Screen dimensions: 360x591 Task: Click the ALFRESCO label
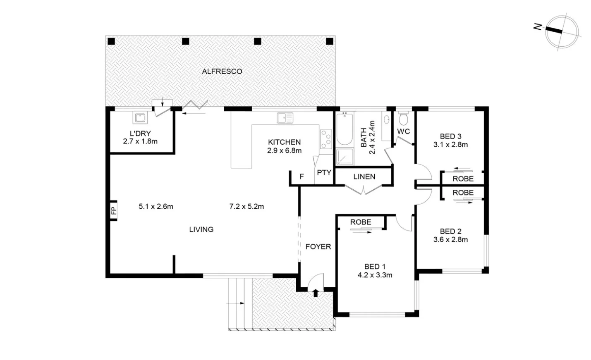[x=222, y=72]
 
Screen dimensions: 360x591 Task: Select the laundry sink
[x=140, y=118]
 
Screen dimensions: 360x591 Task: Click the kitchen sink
[x=285, y=118]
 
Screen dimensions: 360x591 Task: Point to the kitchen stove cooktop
[x=326, y=139]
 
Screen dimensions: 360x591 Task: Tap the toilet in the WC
[x=403, y=119]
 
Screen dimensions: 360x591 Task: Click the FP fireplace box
[x=113, y=211]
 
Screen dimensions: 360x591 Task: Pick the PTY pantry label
[x=324, y=173]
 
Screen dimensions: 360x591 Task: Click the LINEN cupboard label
[x=364, y=177]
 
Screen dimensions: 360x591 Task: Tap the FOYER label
[x=318, y=247]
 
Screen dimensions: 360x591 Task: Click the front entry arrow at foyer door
[x=316, y=293]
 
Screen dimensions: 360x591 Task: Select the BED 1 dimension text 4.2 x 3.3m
[x=375, y=275]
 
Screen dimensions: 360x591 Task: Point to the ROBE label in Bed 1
[x=361, y=222]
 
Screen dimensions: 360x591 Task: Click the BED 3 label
[x=450, y=136]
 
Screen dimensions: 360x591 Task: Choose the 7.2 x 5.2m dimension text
[x=246, y=206]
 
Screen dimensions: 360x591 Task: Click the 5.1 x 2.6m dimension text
[x=156, y=206]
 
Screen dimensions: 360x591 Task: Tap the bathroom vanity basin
[x=386, y=120]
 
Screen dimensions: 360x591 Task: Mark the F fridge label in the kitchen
[x=301, y=176]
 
